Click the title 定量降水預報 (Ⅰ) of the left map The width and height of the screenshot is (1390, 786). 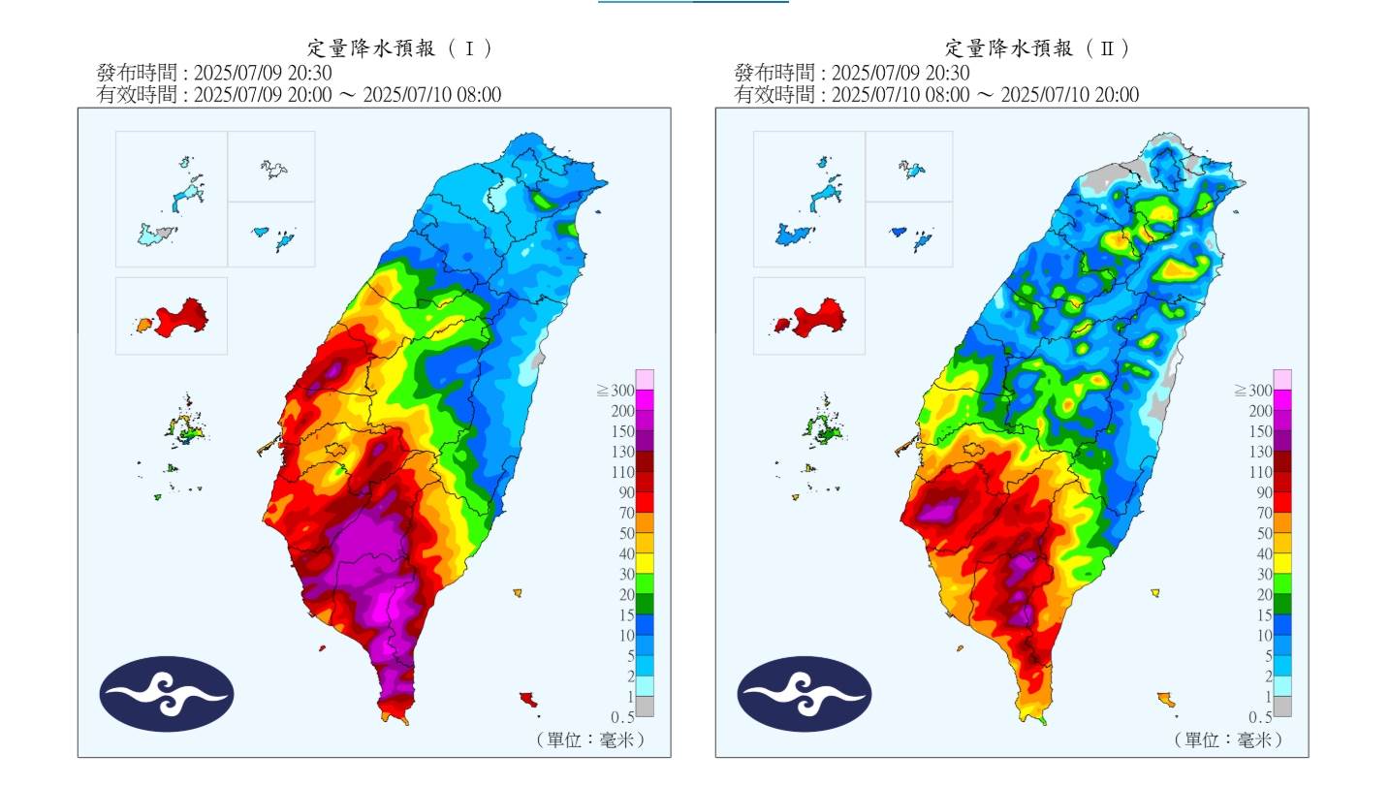[400, 48]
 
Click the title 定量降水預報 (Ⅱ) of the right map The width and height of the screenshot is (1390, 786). [1038, 48]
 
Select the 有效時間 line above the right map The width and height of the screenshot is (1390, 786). [936, 94]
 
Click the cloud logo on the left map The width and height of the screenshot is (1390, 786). [167, 694]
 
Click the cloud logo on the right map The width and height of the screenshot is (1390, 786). [805, 694]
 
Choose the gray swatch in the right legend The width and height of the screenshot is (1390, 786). [1282, 707]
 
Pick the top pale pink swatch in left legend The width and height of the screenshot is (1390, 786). [645, 379]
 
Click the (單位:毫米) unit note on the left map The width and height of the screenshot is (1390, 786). [589, 739]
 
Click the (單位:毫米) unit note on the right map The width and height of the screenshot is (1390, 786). [1227, 739]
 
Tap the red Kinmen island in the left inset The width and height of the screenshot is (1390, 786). [180, 316]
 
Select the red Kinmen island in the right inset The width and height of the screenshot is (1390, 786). [818, 316]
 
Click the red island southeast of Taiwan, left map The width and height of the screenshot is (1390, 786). [528, 698]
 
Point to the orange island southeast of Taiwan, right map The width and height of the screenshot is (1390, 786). [1167, 699]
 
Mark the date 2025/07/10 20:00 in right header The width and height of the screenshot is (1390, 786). [1069, 94]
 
